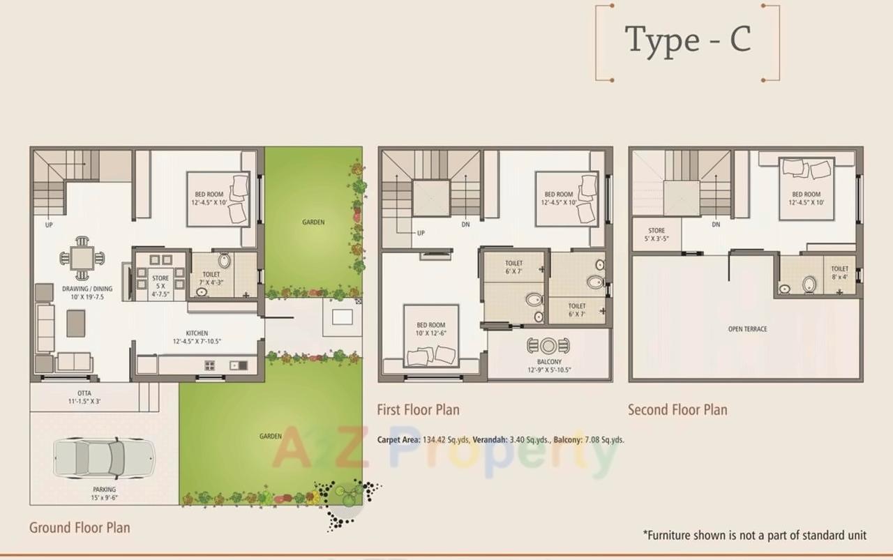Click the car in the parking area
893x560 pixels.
coord(103,458)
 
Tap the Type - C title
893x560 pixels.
coord(687,40)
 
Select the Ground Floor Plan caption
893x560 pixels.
coord(80,527)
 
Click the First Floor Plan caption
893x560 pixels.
coord(418,409)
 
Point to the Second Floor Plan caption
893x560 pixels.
coord(677,409)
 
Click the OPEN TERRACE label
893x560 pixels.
coord(747,329)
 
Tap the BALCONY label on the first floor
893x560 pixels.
coord(549,362)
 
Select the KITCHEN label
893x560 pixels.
coord(196,333)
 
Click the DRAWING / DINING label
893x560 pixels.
coord(87,289)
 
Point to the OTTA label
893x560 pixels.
coord(84,393)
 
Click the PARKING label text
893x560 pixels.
coord(104,490)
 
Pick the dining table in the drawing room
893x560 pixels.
coord(82,258)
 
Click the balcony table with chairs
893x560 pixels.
coord(548,346)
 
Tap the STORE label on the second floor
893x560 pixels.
coord(656,230)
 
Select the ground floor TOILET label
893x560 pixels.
coord(211,275)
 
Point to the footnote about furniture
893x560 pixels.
coord(754,536)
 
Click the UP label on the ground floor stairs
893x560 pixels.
coord(49,225)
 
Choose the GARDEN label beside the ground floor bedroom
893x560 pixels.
coord(313,222)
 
